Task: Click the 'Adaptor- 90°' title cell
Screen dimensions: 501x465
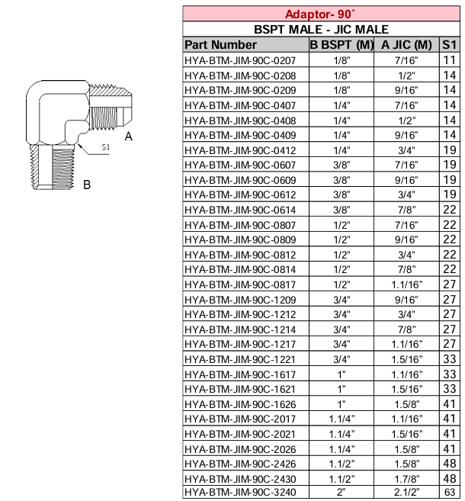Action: coord(320,14)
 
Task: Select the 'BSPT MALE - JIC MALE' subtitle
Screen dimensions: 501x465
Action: coord(320,29)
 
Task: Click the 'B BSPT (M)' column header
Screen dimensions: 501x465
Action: coord(341,44)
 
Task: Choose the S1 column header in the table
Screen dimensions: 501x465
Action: coord(449,44)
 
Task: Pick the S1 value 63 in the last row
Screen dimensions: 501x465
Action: coord(449,492)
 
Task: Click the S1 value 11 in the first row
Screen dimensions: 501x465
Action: coord(449,60)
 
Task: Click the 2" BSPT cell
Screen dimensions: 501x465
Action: coord(341,492)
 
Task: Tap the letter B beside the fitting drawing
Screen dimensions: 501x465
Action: coord(87,185)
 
